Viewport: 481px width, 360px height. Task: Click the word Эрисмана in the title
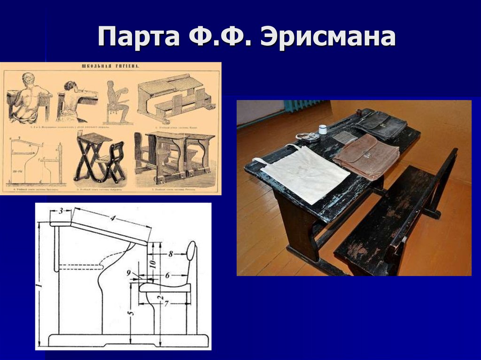(x=327, y=38)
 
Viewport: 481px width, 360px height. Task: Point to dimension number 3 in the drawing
(x=61, y=211)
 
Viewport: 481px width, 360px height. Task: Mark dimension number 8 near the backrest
(x=171, y=254)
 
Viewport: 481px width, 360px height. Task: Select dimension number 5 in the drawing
(x=131, y=311)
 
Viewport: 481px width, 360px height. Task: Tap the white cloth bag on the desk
(x=305, y=172)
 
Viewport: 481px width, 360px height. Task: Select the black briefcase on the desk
(x=380, y=124)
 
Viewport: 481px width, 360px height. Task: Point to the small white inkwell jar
(x=323, y=130)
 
